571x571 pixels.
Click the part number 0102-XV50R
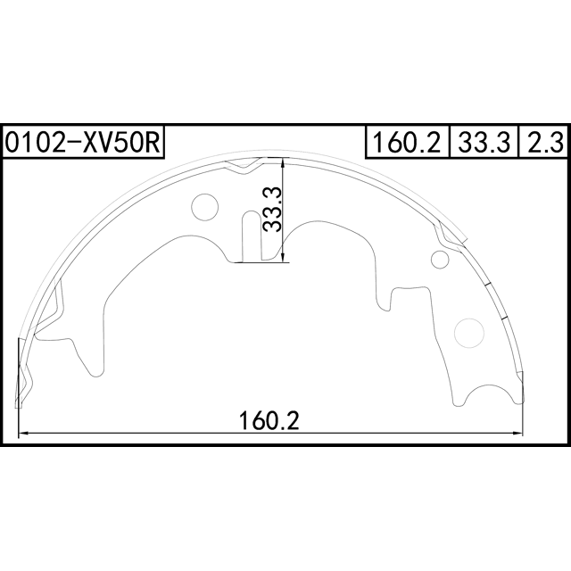coord(83,142)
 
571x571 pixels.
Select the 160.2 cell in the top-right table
coord(407,142)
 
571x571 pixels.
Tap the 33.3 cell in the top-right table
coord(484,142)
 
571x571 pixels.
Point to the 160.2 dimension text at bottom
coord(269,420)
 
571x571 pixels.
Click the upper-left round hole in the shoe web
coord(204,207)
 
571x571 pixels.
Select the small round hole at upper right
coord(440,260)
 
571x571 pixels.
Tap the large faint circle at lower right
coord(469,333)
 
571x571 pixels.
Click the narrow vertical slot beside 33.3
coord(252,236)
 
